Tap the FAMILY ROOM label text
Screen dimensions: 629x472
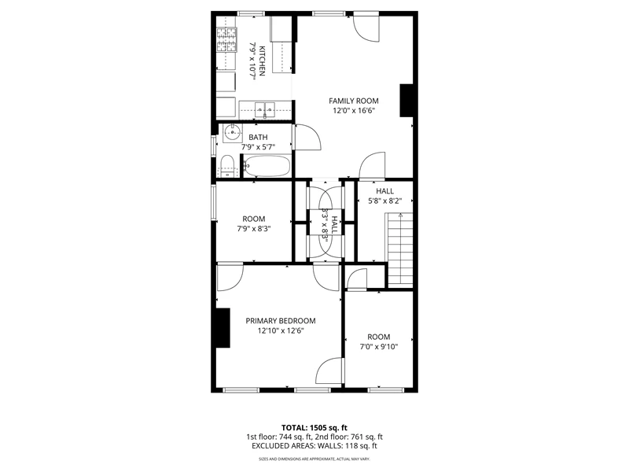pos(353,101)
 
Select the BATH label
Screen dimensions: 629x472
pos(258,137)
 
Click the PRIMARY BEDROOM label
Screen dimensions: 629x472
pos(281,321)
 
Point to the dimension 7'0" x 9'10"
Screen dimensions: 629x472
pos(379,347)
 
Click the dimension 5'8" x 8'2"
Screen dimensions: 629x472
pos(384,201)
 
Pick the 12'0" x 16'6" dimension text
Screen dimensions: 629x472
pos(353,111)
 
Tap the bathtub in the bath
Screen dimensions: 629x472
pos(267,166)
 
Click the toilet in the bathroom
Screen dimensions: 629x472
pos(227,166)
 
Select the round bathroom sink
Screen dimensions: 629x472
pos(232,131)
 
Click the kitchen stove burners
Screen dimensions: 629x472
pos(226,39)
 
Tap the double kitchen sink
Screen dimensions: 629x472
pos(265,109)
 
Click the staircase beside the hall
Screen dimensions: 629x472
pos(399,250)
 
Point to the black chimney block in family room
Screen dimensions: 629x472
pos(406,101)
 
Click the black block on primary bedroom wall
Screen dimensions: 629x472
pos(223,327)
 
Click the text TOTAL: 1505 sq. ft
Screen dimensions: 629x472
pos(314,427)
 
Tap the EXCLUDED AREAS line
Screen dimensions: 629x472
pos(314,446)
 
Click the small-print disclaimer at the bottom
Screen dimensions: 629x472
pos(314,459)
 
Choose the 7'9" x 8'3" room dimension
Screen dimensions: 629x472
pos(253,229)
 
